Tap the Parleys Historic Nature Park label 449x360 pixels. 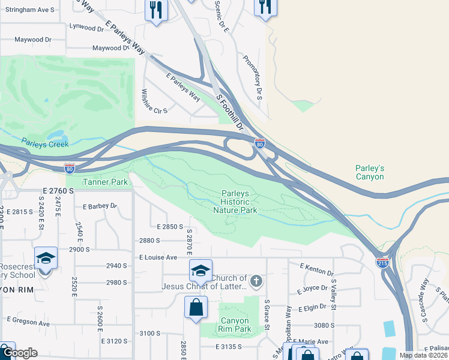pyautogui.click(x=239, y=202)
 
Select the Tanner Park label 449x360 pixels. pyautogui.click(x=105, y=182)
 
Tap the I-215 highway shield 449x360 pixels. pyautogui.click(x=382, y=262)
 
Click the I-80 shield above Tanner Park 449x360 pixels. pyautogui.click(x=70, y=169)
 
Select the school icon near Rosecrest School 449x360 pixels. pyautogui.click(x=46, y=259)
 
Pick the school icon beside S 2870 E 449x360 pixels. pyautogui.click(x=200, y=271)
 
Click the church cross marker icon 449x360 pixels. pyautogui.click(x=256, y=281)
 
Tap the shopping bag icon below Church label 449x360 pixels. pyautogui.click(x=196, y=308)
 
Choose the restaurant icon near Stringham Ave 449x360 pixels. pyautogui.click(x=156, y=10)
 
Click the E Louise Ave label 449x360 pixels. pyautogui.click(x=158, y=257)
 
